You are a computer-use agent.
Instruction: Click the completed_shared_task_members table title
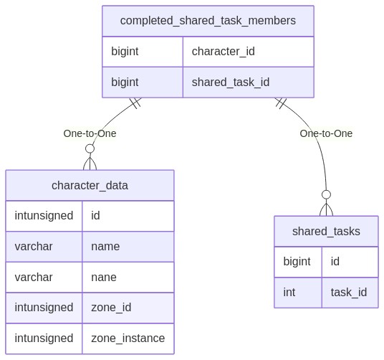click(x=208, y=21)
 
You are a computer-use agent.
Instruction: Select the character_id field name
click(x=223, y=52)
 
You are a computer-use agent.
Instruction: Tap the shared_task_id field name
click(x=231, y=82)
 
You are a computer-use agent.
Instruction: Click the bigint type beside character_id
click(x=125, y=52)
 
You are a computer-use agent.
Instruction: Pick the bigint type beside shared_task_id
click(x=125, y=82)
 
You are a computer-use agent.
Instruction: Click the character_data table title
click(x=90, y=186)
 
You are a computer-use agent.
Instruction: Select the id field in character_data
click(x=95, y=216)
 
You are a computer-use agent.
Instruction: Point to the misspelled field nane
click(x=104, y=278)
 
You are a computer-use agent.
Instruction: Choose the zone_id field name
click(x=111, y=308)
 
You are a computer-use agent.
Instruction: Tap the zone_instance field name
click(x=128, y=338)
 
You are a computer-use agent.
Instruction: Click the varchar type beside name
click(x=34, y=247)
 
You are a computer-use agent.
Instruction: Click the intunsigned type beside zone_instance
click(x=44, y=338)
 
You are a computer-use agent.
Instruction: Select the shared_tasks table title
click(x=326, y=232)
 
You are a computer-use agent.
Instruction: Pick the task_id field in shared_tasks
click(x=349, y=293)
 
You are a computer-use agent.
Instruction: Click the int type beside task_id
click(x=289, y=293)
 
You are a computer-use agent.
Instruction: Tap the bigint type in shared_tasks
click(x=297, y=262)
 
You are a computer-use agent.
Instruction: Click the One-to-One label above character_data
click(x=90, y=134)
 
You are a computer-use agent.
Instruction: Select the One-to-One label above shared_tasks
click(x=326, y=134)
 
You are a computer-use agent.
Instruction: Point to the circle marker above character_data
click(x=90, y=148)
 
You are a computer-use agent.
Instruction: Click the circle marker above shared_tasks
click(x=326, y=194)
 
